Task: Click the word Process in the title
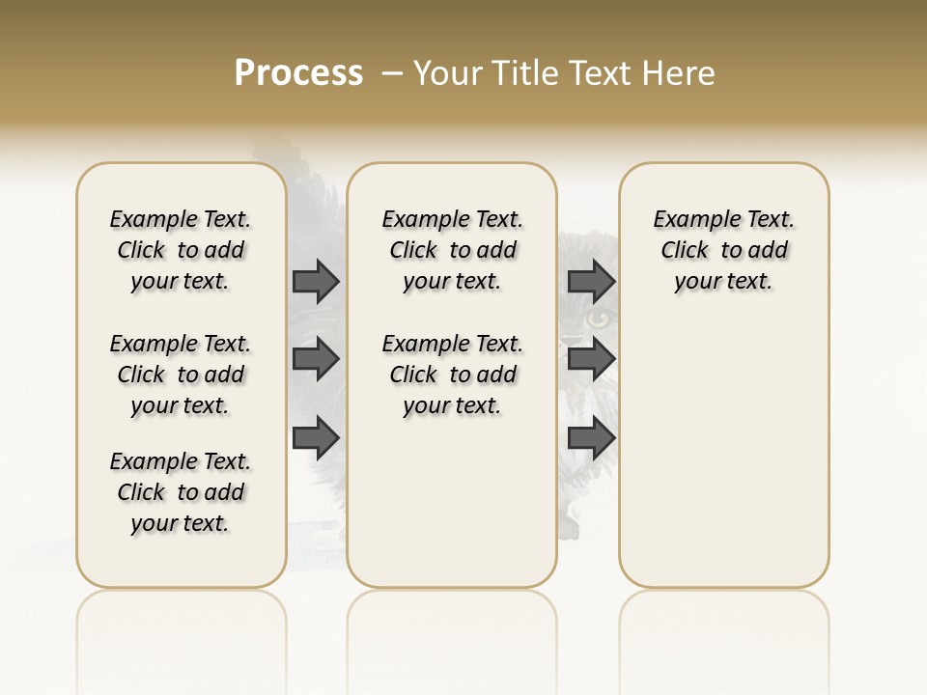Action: pos(298,73)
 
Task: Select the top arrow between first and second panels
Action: pos(316,281)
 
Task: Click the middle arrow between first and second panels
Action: pos(316,359)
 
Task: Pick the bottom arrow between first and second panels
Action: pos(316,438)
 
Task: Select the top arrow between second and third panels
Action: pos(591,281)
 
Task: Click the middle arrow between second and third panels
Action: pos(591,359)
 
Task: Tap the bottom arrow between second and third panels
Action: pos(591,438)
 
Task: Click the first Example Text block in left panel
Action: pos(181,250)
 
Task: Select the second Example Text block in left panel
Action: pos(181,375)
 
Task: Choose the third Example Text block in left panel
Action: pos(181,492)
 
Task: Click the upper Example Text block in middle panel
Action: pos(452,250)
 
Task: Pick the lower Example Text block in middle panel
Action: pos(452,375)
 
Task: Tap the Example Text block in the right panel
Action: pos(724,250)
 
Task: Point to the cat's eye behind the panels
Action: pos(601,318)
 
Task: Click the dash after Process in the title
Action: pos(391,73)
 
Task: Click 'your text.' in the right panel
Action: pos(724,282)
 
